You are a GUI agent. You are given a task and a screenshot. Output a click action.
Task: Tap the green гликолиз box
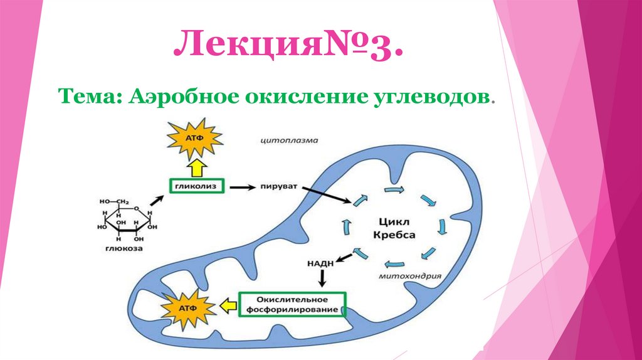(196, 186)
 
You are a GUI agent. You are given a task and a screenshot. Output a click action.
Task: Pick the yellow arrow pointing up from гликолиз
(196, 167)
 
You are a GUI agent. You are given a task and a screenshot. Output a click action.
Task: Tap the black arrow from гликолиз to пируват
(239, 187)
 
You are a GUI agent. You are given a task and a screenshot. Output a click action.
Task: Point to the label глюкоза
(124, 248)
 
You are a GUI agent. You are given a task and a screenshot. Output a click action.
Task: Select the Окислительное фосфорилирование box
(292, 304)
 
